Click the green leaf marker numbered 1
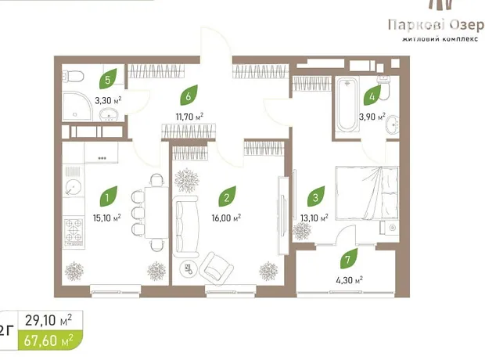[108, 196]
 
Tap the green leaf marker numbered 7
[349, 258]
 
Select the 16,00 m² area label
[226, 218]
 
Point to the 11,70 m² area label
[189, 117]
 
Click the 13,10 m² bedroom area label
[314, 218]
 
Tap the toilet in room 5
[73, 76]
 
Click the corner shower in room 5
[77, 106]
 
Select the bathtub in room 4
[347, 105]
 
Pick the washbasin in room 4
[392, 124]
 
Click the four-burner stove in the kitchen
[74, 231]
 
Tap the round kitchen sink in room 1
[74, 187]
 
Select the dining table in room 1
[156, 212]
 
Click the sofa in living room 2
[185, 227]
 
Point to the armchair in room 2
[217, 268]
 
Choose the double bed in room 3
[367, 193]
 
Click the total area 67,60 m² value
[48, 340]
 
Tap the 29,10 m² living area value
[48, 320]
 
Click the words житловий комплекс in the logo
[440, 39]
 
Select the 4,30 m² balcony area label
[349, 280]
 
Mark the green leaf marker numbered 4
[372, 95]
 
